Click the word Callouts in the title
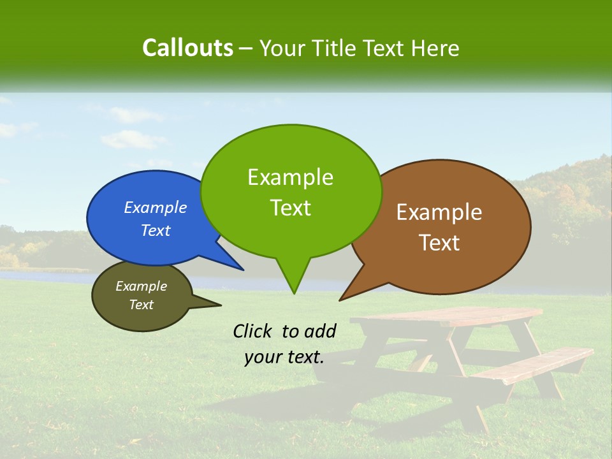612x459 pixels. (x=187, y=48)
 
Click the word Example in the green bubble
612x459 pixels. (x=291, y=177)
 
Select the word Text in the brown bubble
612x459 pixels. (x=440, y=243)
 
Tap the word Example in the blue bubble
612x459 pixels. (x=156, y=208)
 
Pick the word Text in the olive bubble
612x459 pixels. (x=142, y=305)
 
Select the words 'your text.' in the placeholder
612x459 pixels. (x=284, y=358)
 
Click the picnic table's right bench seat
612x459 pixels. (x=542, y=363)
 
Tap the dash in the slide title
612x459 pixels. (x=246, y=48)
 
